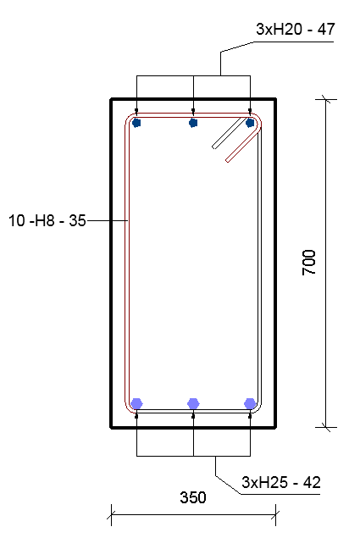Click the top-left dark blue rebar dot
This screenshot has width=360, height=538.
pos(137,123)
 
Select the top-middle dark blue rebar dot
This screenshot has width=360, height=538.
pos(194,123)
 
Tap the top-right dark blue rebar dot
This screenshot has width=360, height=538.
pos(250,123)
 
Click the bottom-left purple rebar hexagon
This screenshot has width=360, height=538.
pos(137,403)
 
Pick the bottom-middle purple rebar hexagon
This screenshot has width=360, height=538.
pos(194,403)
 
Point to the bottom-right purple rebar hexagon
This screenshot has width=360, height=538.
pos(250,403)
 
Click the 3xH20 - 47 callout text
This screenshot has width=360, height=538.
pos(296,30)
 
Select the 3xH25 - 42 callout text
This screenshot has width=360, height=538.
pos(281,483)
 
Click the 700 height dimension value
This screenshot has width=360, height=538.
pos(310,263)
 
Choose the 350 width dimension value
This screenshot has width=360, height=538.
pos(193,498)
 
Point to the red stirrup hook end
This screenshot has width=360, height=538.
pos(229,160)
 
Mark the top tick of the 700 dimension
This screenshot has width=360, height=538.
pos(326,100)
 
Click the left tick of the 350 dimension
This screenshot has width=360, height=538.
pos(112,513)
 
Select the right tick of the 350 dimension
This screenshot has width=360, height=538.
pos(275,513)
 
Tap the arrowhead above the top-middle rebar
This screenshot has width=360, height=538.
pos(194,110)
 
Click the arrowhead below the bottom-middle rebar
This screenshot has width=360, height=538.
pos(194,415)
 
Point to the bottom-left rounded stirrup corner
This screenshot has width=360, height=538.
pos(131,408)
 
